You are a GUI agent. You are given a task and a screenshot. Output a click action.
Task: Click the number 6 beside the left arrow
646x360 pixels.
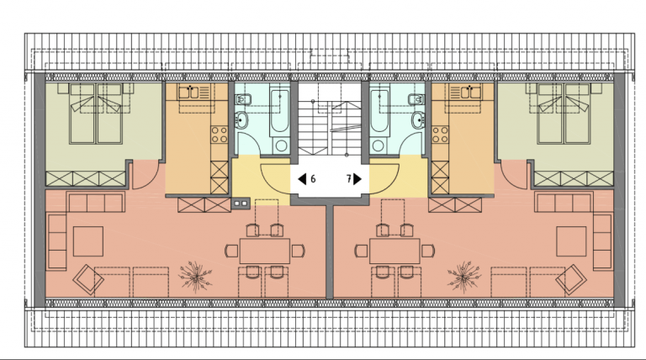313,179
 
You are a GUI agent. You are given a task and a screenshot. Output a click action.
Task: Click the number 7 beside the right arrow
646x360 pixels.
348,179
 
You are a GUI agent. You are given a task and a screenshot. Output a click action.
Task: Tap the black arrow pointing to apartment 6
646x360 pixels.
303,179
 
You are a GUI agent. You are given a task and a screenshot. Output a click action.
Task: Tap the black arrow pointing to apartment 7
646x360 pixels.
357,179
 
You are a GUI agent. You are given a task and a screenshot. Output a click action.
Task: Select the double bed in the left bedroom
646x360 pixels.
97,114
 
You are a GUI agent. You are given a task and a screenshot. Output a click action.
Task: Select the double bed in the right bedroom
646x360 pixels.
564,114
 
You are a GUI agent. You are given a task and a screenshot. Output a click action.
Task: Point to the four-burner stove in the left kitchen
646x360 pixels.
220,135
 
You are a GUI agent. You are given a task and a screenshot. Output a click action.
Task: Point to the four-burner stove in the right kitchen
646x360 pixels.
440,135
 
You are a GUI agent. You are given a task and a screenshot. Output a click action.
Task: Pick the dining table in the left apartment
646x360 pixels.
265,251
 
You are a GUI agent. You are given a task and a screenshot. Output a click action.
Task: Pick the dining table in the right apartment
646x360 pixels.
394,251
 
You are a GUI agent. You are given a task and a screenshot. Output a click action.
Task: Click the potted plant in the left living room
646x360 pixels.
196,277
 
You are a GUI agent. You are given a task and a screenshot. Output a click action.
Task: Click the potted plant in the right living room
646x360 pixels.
464,277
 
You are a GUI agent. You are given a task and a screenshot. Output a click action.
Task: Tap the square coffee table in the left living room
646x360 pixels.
88,241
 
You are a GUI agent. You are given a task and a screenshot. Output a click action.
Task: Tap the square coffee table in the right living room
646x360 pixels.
571,241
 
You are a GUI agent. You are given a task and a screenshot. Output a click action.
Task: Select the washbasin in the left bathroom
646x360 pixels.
241,120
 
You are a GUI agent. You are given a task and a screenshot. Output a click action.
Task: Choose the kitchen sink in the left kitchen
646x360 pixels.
188,93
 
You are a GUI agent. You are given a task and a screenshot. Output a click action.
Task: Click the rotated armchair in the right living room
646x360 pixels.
571,280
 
